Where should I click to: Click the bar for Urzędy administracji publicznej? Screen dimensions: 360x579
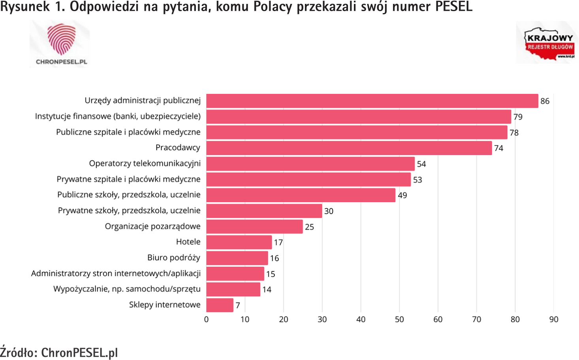(x=372, y=101)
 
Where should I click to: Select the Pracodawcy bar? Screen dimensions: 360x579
(x=349, y=148)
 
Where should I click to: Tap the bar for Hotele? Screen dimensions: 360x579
(x=239, y=242)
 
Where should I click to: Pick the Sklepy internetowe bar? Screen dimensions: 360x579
(x=220, y=305)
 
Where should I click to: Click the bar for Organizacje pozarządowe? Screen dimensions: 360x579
(x=254, y=226)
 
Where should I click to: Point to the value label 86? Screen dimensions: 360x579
(x=545, y=101)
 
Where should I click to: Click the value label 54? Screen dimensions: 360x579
(x=421, y=164)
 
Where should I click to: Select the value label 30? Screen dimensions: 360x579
(x=329, y=211)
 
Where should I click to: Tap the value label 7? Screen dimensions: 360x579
(x=238, y=305)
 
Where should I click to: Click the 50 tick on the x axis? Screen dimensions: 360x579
(x=399, y=319)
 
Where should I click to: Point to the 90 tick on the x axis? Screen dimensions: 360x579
(x=554, y=319)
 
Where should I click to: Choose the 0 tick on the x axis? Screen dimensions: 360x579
(x=206, y=319)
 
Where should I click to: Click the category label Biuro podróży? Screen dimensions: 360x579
(x=174, y=258)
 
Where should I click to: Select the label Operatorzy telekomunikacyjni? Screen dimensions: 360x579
(x=145, y=163)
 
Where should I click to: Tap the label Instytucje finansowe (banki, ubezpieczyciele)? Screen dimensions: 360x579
(x=118, y=116)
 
